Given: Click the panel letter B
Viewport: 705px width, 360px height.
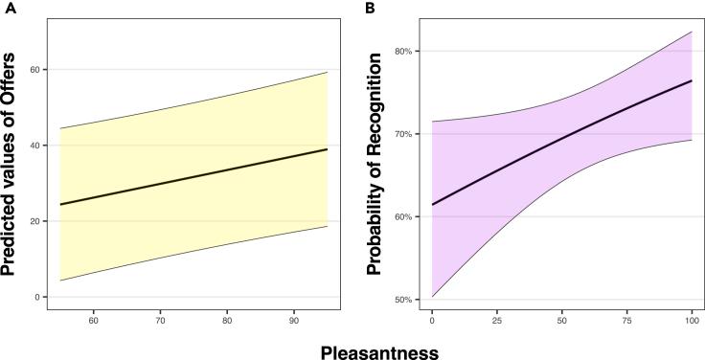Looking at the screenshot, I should (x=366, y=9).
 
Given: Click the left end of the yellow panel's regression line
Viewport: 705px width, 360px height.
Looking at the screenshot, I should (x=59, y=205).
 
